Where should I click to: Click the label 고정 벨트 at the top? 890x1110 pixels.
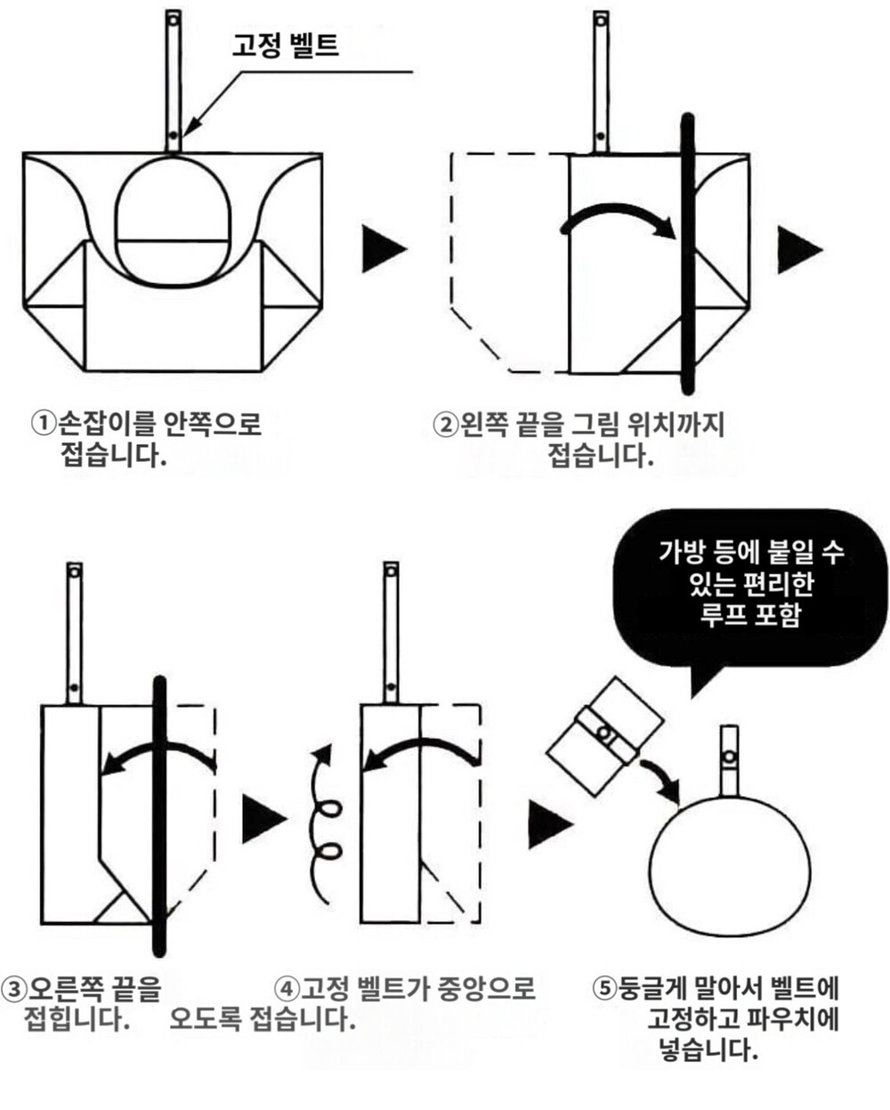pos(285,45)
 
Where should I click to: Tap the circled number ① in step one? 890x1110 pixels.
pos(42,423)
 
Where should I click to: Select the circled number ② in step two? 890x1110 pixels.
pos(444,425)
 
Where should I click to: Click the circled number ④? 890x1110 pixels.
pos(287,989)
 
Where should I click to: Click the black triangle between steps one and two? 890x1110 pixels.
pos(383,249)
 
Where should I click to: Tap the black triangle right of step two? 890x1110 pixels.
pos(797,249)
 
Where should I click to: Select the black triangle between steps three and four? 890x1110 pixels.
pos(263,819)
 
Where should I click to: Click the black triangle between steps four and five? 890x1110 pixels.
pos(548,824)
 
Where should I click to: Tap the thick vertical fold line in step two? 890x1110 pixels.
pos(687,254)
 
